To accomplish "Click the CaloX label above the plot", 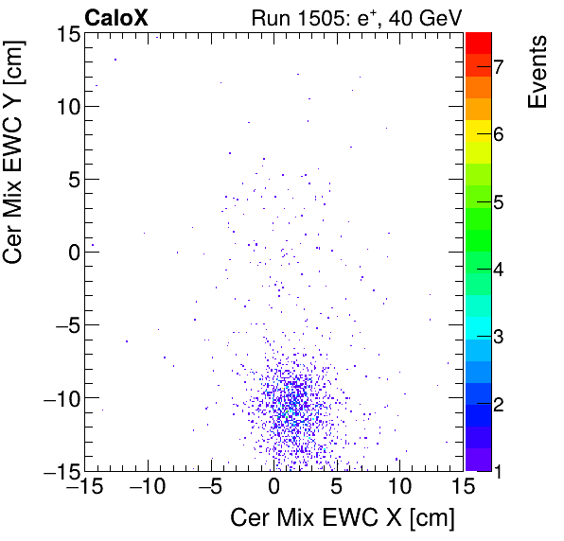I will [x=116, y=16].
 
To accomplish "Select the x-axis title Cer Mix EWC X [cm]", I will [x=343, y=518].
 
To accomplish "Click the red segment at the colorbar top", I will [x=478, y=41].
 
